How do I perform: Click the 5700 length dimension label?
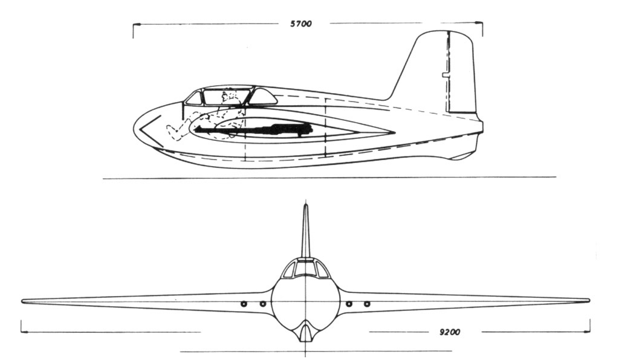(301, 24)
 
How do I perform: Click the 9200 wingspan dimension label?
(450, 332)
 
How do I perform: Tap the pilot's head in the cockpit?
(228, 96)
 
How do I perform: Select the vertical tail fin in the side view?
(438, 71)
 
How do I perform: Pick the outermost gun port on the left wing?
(244, 304)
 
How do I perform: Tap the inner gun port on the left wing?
(263, 304)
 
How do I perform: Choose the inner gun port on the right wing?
(349, 304)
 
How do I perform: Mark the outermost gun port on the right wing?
(367, 304)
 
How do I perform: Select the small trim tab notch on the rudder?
(445, 74)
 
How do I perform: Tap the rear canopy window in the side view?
(262, 96)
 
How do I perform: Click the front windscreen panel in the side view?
(193, 98)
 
